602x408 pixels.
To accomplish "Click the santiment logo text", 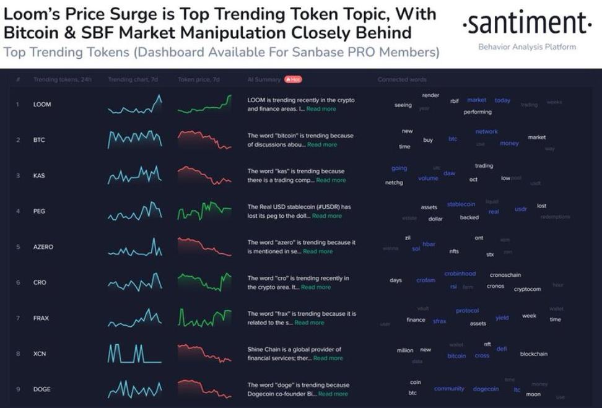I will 526,24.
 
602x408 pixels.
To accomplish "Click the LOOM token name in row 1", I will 42,104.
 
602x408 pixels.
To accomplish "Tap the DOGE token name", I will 42,389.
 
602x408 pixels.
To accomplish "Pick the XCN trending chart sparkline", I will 134,354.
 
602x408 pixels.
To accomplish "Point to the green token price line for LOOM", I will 204,106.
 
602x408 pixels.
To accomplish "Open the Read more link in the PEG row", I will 326,216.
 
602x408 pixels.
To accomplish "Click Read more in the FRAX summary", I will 309,323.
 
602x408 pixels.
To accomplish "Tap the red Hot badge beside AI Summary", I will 293,79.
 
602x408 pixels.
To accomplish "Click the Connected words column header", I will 402,79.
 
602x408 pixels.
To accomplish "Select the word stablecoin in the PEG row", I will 461,204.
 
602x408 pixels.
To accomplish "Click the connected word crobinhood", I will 460,274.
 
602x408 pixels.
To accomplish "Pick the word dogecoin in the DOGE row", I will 486,389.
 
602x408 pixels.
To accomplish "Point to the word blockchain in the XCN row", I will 533,354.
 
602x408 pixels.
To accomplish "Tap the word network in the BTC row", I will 486,131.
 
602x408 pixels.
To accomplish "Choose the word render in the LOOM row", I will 430,95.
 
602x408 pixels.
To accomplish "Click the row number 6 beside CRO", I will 18,282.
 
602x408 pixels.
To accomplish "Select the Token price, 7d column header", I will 198,79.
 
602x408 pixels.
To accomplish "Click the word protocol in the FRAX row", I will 467,311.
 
